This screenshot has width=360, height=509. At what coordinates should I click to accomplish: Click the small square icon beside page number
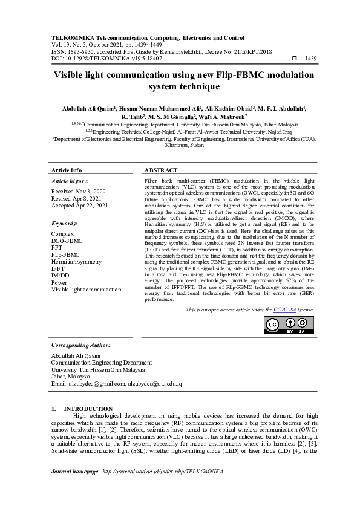[x=295, y=59]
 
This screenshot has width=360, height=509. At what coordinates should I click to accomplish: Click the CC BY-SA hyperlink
[x=284, y=309]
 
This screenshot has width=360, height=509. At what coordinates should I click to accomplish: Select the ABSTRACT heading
[x=161, y=170]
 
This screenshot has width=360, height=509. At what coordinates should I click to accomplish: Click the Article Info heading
[x=67, y=170]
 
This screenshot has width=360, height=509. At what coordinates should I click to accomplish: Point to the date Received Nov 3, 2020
[x=78, y=191]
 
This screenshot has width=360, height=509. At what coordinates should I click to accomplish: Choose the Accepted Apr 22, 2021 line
[x=80, y=206]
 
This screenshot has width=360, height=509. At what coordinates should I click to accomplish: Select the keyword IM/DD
[x=61, y=275]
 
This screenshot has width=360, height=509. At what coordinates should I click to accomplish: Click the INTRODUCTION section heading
[x=88, y=409]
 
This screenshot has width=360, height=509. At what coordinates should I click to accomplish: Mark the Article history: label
[x=70, y=181]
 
